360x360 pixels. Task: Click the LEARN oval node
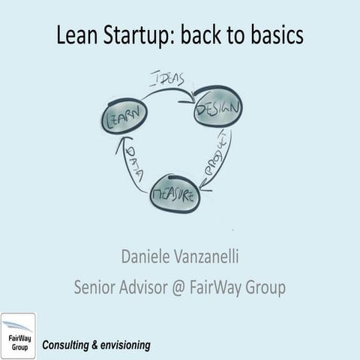click(x=124, y=116)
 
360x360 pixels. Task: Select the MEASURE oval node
click(x=175, y=194)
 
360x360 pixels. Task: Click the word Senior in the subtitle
click(x=98, y=287)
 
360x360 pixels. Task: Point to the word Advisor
click(x=154, y=287)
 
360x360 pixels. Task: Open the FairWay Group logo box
click(x=18, y=335)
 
